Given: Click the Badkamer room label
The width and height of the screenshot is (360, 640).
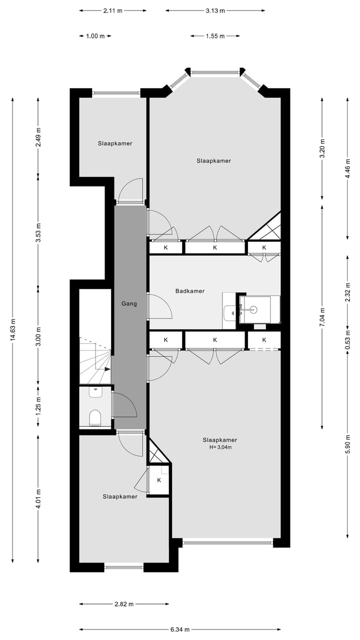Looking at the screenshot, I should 189,291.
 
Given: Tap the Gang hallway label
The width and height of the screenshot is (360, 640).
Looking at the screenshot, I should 129,303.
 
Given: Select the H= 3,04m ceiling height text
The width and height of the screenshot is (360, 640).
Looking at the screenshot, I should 220,447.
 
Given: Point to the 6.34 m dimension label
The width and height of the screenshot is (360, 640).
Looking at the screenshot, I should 180,629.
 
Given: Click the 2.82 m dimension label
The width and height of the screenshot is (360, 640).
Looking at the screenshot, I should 124,604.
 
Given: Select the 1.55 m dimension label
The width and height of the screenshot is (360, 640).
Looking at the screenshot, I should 215,36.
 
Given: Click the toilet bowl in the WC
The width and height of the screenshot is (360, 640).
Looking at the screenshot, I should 94,417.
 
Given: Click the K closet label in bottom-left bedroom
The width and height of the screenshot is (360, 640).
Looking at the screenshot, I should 159,480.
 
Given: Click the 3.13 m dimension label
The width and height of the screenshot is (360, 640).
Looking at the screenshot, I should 215,10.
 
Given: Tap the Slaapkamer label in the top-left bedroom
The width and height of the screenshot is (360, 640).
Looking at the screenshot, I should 115,143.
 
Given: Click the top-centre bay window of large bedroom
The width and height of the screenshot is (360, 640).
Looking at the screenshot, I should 215,73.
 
